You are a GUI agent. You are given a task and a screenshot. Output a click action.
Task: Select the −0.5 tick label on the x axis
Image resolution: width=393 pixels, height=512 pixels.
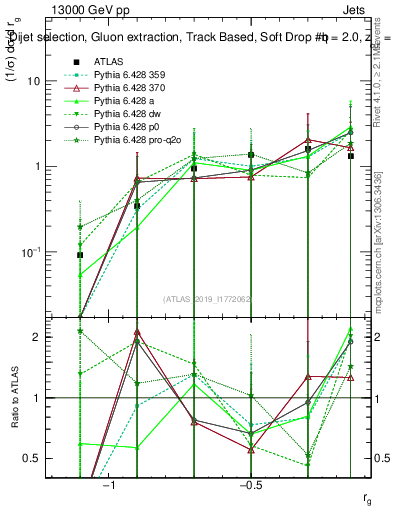(249, 485)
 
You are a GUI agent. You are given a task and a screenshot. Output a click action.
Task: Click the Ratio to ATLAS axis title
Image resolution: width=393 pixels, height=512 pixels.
(17, 399)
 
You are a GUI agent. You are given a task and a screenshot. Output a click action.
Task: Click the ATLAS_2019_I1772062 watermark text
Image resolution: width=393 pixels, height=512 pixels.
(207, 299)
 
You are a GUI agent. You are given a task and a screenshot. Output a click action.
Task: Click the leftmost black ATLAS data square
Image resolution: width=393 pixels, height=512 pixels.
(80, 255)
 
